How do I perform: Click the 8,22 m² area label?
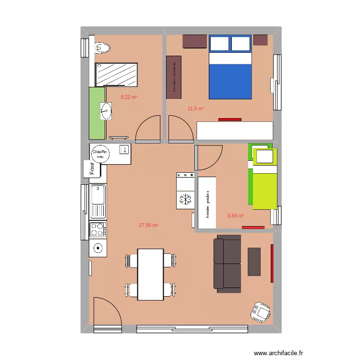[129, 97]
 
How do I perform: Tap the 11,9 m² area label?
[195, 108]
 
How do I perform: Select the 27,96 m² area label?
[148, 225]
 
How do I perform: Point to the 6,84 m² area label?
[236, 216]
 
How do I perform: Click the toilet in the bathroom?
[103, 48]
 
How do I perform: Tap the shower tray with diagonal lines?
[117, 74]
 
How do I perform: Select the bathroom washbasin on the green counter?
[105, 112]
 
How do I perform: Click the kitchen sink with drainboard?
[98, 201]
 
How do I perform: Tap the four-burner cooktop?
[98, 229]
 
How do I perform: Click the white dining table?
[150, 274]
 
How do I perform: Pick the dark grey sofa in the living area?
[228, 264]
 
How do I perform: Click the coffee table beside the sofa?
[254, 262]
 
